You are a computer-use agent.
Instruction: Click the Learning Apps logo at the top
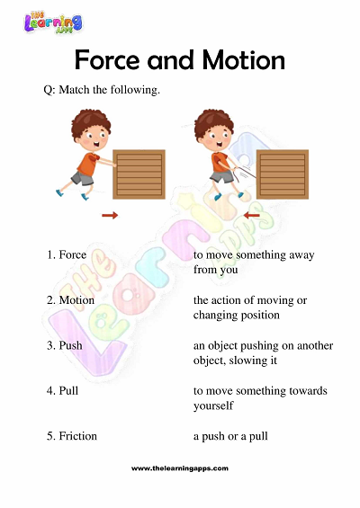[x=53, y=22]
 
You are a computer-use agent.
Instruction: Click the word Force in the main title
[x=107, y=60]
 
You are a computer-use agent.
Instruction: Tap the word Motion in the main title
[x=244, y=60]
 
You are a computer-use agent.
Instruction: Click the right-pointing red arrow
[x=110, y=215]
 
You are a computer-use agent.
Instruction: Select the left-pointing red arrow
[x=251, y=215]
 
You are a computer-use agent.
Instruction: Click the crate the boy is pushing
[x=139, y=174]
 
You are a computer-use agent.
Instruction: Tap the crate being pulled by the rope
[x=283, y=174]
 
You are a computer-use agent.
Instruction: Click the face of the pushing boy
[x=94, y=138]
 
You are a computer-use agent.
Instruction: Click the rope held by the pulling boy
[x=245, y=173]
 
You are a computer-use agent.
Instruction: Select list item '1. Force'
[x=67, y=254]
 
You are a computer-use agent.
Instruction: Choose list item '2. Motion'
[x=70, y=300]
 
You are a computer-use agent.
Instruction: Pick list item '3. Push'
[x=64, y=345]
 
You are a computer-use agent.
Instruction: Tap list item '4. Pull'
[x=63, y=391]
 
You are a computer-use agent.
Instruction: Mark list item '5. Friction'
[x=72, y=436]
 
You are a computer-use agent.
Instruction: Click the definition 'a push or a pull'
[x=230, y=437]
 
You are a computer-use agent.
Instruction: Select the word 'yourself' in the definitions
[x=213, y=406]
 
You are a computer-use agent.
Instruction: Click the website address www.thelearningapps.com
[x=180, y=468]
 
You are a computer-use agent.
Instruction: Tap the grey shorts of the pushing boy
[x=82, y=178]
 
